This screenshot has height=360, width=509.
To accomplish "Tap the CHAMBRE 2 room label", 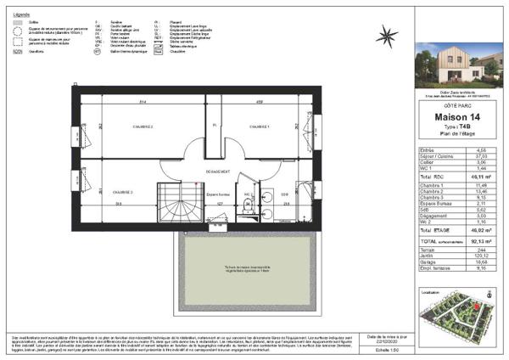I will pos(141,127).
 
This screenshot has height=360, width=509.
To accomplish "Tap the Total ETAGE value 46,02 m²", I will pos(479,228).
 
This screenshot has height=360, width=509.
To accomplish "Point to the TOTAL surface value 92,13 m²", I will pos(479,241).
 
